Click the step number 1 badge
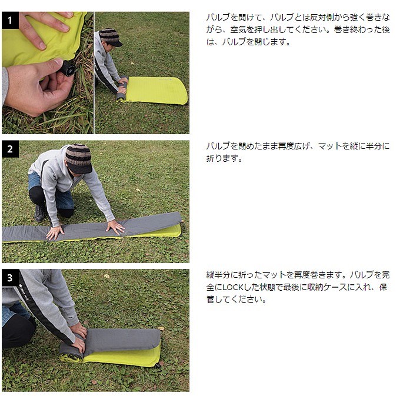pos(10,20)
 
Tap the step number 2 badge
pos(10,149)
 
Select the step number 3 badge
pos(10,278)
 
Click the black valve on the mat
pos(68,68)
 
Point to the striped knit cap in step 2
pos(78,158)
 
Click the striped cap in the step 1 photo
pos(110,37)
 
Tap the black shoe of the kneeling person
pos(39,213)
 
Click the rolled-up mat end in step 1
pos(122,88)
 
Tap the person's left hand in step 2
pos(115,227)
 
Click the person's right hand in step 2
pos(55,233)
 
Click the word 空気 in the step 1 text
pos(238,29)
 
